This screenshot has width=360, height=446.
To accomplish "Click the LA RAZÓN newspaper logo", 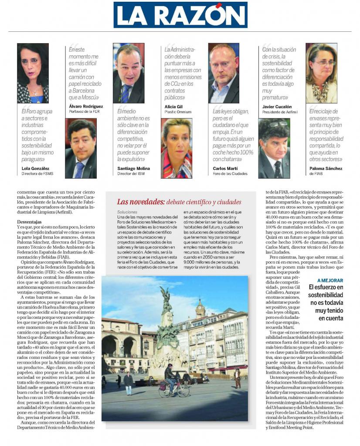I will coord(180,15).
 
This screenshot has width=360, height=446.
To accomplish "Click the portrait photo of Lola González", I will coord(33,73).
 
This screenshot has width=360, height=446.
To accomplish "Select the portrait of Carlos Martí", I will coord(223,73).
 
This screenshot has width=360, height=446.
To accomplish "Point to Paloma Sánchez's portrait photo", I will coord(321,73).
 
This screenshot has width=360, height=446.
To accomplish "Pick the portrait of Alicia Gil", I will coord(177,148).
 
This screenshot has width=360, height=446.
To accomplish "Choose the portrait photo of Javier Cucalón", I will coord(274,148).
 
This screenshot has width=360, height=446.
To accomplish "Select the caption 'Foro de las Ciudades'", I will coord(230,173).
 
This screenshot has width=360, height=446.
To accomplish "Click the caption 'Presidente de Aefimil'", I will coord(279,111).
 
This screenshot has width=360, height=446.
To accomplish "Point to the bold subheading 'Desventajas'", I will coord(30,222).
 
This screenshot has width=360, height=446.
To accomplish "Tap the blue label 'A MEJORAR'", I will coord(330,280).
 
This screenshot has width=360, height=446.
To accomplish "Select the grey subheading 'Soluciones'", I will coord(127,212).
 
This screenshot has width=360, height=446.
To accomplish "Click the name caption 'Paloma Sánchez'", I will coord(326,168).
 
